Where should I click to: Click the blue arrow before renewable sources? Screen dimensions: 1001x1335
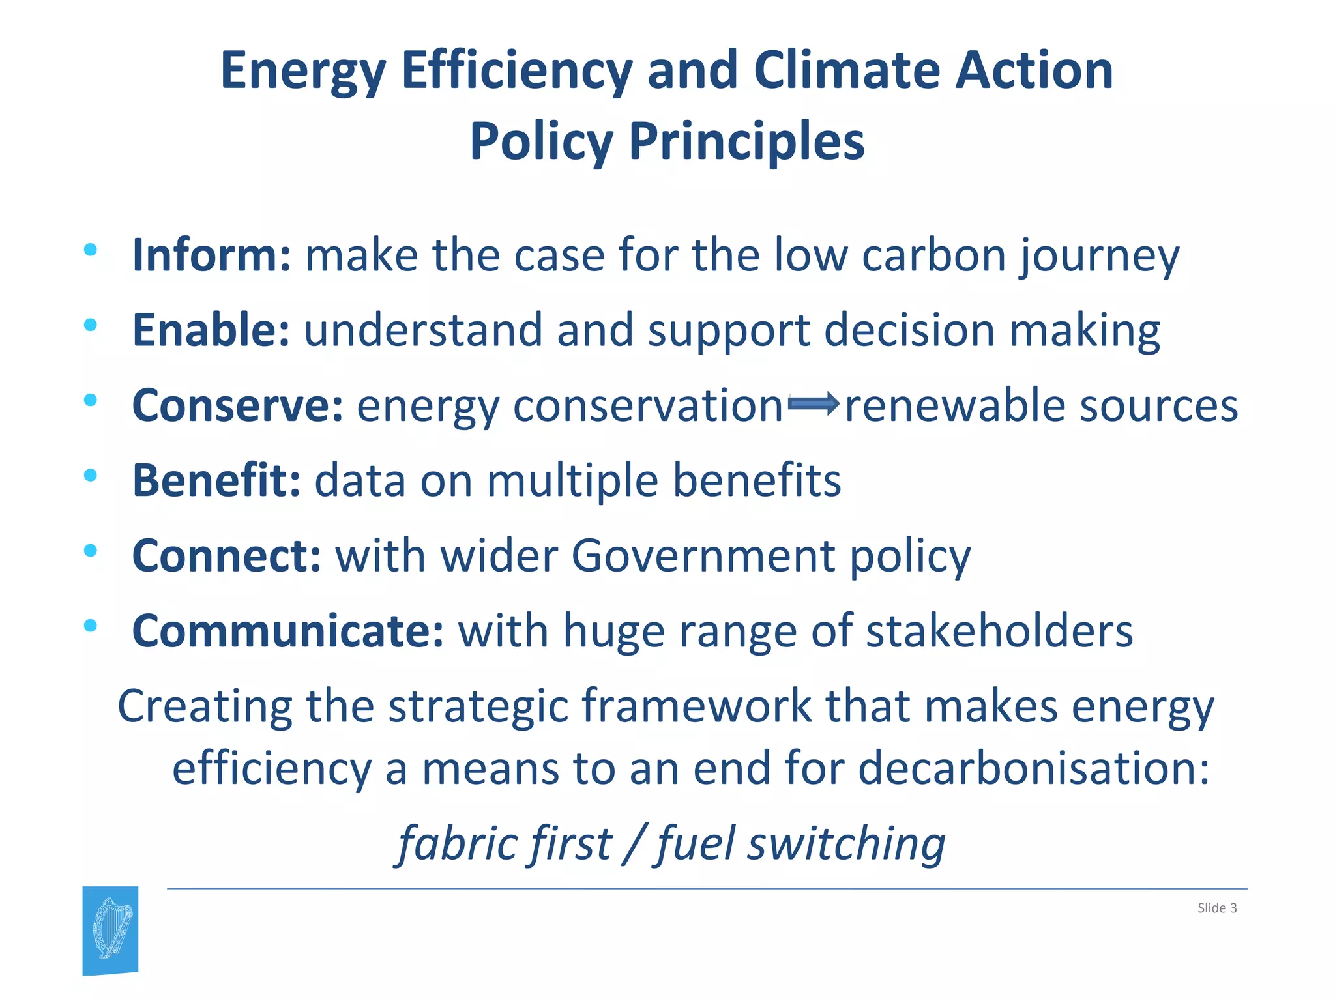click(813, 404)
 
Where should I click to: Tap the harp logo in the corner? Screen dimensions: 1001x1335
click(111, 930)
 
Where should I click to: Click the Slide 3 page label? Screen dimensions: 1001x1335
click(1216, 908)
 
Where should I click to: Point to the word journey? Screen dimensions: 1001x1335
click(1100, 256)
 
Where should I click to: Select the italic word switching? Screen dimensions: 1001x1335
click(845, 843)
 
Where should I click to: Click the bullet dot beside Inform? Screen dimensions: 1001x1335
click(91, 249)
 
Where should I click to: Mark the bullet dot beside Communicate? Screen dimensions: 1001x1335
click(91, 626)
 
